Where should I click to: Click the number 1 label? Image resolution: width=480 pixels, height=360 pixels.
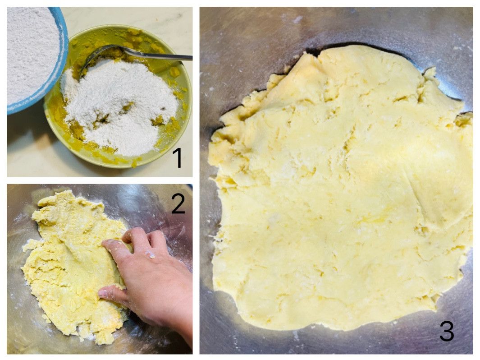(x=177, y=157)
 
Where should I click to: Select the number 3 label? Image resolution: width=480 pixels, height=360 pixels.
(x=447, y=331)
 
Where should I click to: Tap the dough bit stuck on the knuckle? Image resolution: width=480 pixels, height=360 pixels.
(x=150, y=254)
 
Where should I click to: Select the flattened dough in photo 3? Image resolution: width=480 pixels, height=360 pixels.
(x=340, y=190)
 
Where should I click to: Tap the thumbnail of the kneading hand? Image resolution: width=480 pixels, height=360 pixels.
(x=103, y=293)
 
